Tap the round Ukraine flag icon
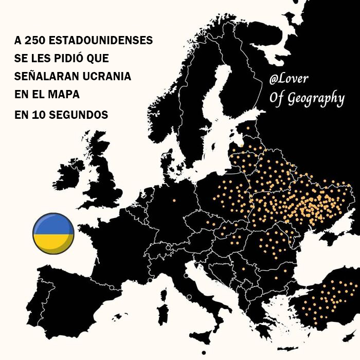(53, 233)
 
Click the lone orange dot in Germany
(174, 200)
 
